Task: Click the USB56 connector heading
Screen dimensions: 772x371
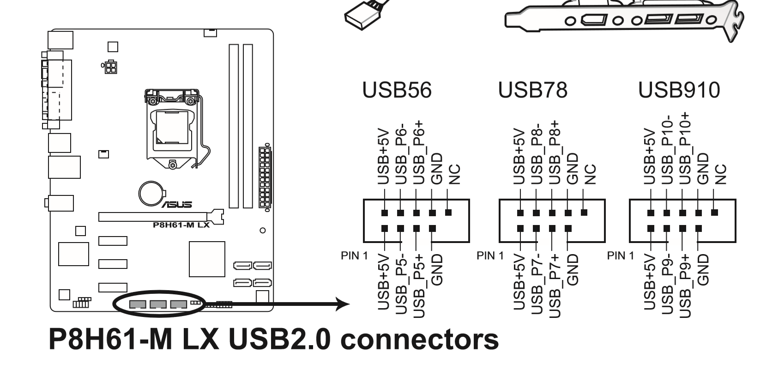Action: point(397,90)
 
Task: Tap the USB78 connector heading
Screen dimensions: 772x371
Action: point(532,90)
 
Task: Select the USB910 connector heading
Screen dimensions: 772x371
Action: point(679,90)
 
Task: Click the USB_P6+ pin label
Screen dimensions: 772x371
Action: point(418,152)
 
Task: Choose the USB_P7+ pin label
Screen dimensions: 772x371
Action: point(554,286)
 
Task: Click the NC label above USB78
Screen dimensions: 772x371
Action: point(591,175)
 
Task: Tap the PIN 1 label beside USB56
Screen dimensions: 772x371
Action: point(354,255)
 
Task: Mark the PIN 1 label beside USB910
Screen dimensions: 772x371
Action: point(621,255)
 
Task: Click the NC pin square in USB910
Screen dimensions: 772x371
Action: point(714,213)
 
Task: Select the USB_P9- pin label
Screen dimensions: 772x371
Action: point(667,284)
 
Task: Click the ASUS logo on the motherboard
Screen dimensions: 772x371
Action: point(177,205)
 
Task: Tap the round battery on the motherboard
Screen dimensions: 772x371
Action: point(152,194)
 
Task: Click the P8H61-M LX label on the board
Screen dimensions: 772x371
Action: point(181,225)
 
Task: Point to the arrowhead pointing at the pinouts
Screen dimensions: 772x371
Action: point(343,304)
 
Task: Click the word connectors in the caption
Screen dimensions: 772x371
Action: point(419,340)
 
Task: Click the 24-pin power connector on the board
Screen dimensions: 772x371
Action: point(265,177)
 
